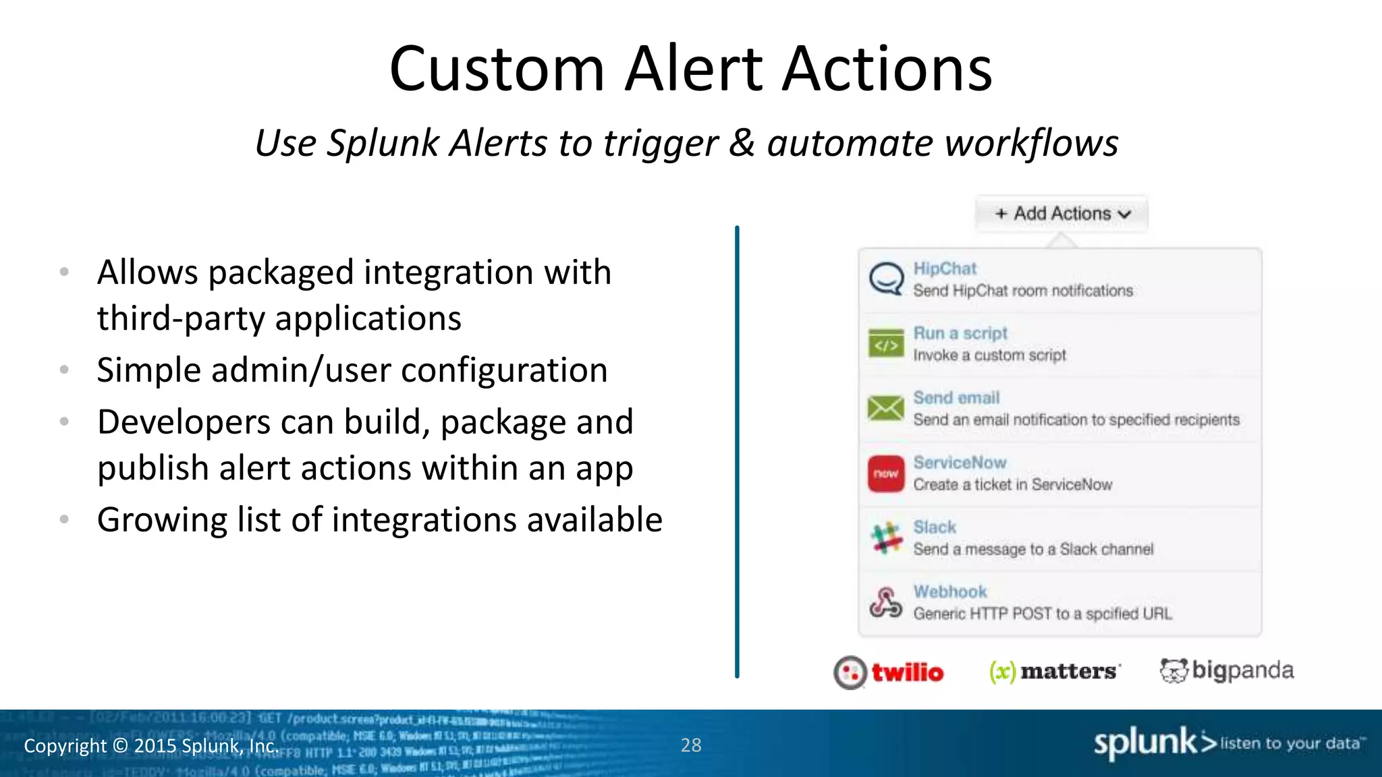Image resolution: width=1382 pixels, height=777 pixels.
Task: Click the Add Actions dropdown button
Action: click(x=1061, y=214)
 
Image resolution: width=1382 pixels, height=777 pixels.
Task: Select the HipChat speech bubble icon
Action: click(x=886, y=279)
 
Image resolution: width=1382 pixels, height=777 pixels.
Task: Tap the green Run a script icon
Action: click(x=886, y=344)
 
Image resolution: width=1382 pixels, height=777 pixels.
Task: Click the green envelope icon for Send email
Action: click(x=886, y=408)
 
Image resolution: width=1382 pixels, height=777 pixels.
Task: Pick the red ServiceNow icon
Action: click(x=886, y=473)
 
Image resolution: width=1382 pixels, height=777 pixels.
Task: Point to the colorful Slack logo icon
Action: click(x=886, y=538)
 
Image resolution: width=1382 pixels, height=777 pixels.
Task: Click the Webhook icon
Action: click(x=886, y=602)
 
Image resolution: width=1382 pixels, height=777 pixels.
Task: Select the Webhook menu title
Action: click(x=949, y=592)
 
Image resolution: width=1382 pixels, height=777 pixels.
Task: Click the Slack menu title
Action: click(x=935, y=527)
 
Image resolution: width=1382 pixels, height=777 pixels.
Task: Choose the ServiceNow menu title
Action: click(x=960, y=463)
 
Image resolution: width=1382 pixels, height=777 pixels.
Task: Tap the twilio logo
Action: click(x=889, y=672)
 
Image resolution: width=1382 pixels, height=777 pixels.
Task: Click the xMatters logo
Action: click(x=1054, y=671)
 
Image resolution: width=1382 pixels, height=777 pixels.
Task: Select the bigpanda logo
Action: click(x=1227, y=670)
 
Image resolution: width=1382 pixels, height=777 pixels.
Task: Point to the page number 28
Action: click(x=691, y=745)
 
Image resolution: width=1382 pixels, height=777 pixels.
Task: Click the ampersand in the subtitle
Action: click(x=742, y=143)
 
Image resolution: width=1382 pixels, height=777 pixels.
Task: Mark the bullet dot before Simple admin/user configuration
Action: click(x=64, y=370)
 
